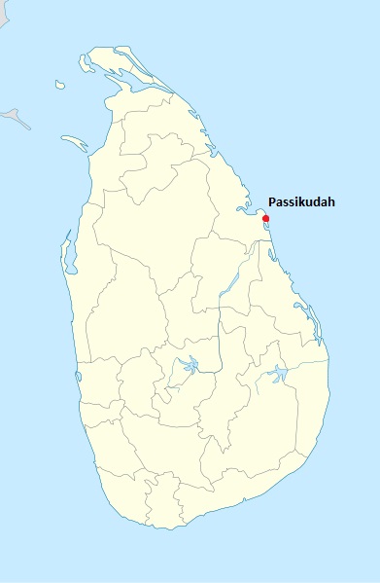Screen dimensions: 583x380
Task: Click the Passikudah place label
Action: pyautogui.click(x=301, y=202)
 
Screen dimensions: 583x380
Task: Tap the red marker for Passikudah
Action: pyautogui.click(x=265, y=218)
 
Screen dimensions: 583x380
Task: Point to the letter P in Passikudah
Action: pyautogui.click(x=272, y=202)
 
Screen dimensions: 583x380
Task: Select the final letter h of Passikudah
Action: pyautogui.click(x=330, y=202)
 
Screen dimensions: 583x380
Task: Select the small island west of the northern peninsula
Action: pyautogui.click(x=59, y=85)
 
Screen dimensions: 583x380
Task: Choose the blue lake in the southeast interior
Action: pyautogui.click(x=278, y=373)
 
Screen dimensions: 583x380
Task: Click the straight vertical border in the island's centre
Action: pyautogui.click(x=221, y=336)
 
